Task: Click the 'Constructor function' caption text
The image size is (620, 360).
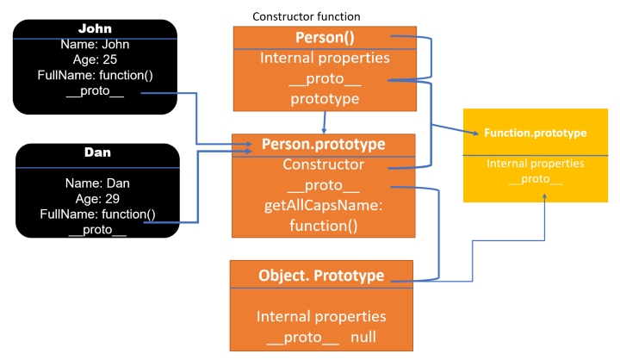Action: click(306, 16)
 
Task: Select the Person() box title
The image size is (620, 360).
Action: click(325, 38)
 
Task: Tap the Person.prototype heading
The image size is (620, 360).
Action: click(323, 144)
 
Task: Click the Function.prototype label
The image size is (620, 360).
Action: click(535, 133)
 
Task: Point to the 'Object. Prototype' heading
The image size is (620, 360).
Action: click(322, 276)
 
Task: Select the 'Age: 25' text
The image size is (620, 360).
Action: click(96, 60)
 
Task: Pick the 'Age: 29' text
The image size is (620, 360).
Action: click(97, 198)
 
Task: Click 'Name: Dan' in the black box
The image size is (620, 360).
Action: click(97, 183)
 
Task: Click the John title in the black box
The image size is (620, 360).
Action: click(96, 28)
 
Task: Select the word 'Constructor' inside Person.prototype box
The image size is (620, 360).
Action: click(323, 164)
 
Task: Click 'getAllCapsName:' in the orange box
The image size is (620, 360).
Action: click(323, 206)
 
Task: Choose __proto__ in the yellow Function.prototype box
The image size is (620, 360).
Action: click(536, 179)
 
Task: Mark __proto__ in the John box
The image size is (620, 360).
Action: click(96, 92)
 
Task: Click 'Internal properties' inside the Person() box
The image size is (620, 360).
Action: click(325, 59)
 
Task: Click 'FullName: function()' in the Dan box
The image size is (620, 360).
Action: click(97, 214)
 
